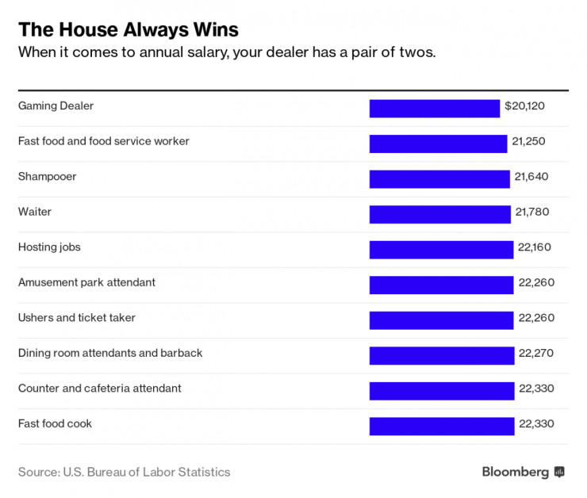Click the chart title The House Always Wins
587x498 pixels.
pos(128,30)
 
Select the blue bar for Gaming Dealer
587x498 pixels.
pos(434,109)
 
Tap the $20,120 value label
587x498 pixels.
pos(525,105)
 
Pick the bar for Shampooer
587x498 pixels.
pos(439,179)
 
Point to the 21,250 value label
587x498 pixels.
pos(529,141)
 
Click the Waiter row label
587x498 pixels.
pos(35,212)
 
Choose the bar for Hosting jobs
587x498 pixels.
pos(441,250)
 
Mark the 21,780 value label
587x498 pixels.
pos(531,212)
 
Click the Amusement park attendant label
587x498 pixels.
pos(86,282)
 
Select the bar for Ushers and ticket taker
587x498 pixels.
pos(441,320)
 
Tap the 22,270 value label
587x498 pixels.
pos(535,353)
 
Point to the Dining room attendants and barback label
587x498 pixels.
pos(110,353)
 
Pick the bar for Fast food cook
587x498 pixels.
pos(442,426)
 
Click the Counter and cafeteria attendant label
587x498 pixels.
pos(100,388)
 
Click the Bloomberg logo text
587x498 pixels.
pos(516,472)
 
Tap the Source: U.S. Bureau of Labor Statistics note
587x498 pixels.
pos(124,472)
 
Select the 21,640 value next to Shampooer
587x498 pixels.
pos(531,176)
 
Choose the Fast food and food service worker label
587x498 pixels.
pos(104,141)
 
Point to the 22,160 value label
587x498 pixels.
pos(534,247)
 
